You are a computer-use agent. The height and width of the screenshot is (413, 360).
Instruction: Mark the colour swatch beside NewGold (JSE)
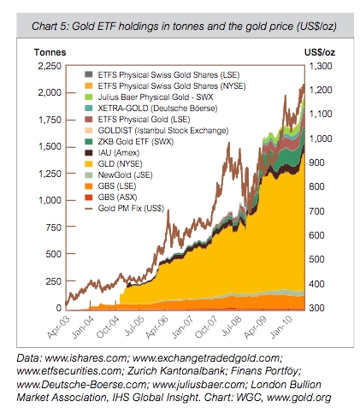89,173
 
